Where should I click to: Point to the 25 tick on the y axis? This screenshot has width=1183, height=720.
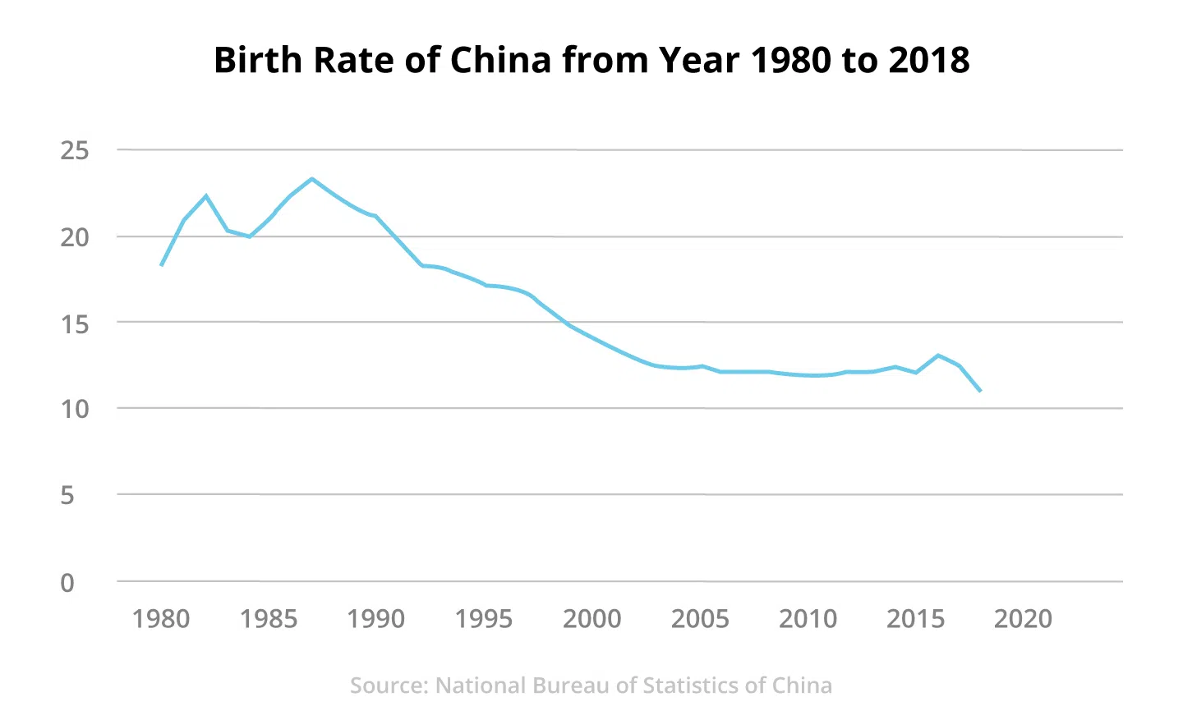[75, 151]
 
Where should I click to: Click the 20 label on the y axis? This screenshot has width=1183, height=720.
[75, 237]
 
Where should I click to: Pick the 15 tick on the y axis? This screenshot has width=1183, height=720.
[75, 323]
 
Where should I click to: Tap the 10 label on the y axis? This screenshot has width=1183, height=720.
[75, 409]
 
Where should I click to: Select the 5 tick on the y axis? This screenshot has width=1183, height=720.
[67, 495]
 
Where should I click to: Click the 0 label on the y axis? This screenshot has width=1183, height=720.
[67, 583]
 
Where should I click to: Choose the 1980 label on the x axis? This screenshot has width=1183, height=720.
[161, 619]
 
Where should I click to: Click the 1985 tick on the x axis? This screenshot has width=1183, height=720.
[269, 619]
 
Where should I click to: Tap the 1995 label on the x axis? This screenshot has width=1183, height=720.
[484, 619]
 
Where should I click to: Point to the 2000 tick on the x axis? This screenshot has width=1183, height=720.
[591, 619]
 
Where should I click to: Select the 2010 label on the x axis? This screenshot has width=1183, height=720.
[808, 619]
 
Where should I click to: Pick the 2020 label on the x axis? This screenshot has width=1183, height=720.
[1023, 619]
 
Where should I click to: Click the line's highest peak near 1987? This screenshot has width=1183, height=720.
[312, 178]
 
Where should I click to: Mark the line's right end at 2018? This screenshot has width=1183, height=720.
[980, 391]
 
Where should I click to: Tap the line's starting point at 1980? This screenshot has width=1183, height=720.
[161, 265]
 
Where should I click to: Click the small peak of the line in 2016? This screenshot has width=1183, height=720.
[937, 355]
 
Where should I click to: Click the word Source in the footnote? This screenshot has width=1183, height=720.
[389, 686]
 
